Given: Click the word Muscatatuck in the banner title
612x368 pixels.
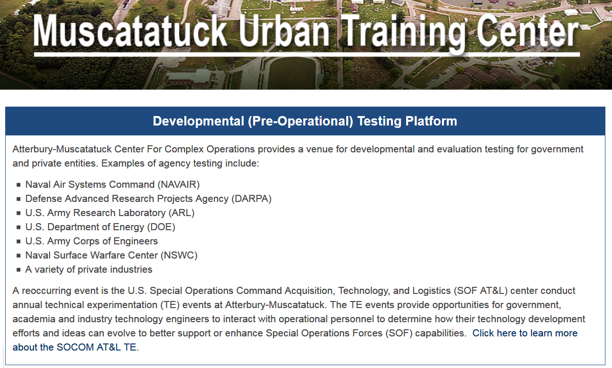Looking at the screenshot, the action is pyautogui.click(x=130, y=31).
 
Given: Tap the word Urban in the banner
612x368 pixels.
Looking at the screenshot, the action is pyautogui.click(x=284, y=31).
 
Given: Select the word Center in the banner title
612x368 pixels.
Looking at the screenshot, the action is pyautogui.click(x=527, y=31).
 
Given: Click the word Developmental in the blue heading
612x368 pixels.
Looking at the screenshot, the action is pyautogui.click(x=198, y=121).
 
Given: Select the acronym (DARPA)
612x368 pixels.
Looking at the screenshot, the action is pyautogui.click(x=251, y=199).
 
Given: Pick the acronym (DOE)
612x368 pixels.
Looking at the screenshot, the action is pyautogui.click(x=161, y=227).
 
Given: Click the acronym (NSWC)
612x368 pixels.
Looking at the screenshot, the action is pyautogui.click(x=179, y=256).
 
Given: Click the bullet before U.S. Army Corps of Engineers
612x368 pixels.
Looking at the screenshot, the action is pyautogui.click(x=18, y=242).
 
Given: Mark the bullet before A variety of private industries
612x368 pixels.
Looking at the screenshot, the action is pyautogui.click(x=18, y=270).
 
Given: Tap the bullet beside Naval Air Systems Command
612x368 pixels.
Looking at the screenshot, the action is pyautogui.click(x=18, y=185).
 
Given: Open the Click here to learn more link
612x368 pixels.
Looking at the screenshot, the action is pyautogui.click(x=525, y=334).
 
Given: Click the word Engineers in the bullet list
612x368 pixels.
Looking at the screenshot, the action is pyautogui.click(x=136, y=242).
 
